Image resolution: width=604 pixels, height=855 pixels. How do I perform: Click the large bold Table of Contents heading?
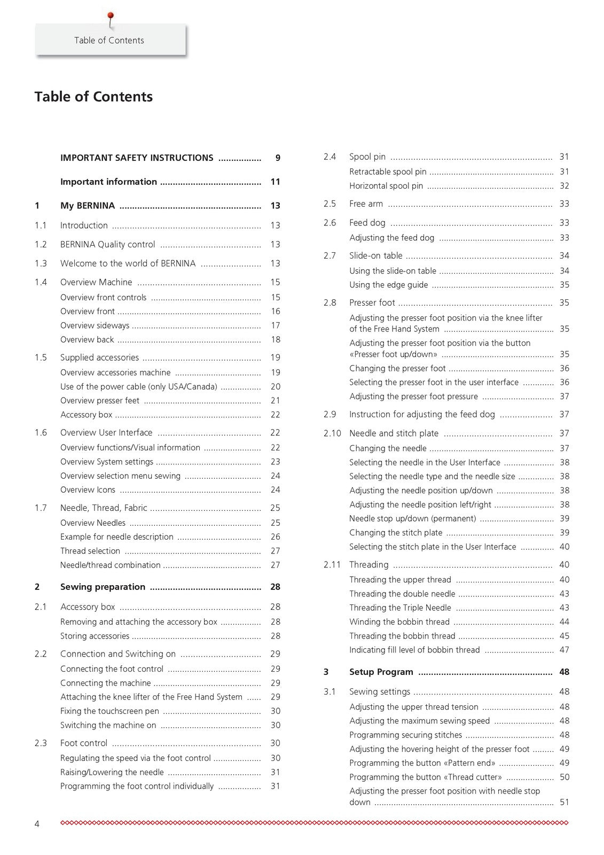(93, 97)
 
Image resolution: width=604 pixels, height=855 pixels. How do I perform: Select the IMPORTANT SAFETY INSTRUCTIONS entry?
(137, 158)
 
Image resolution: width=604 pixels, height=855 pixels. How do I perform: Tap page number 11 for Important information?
(275, 182)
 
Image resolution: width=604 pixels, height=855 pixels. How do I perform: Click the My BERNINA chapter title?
(88, 206)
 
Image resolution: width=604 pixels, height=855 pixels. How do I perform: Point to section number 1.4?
(41, 282)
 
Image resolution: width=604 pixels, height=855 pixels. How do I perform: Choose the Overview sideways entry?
(95, 325)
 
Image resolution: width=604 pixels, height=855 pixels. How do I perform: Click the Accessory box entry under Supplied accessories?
(86, 415)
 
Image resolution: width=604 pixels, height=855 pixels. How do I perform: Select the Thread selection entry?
(90, 551)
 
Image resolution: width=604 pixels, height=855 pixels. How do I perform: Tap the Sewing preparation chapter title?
(103, 587)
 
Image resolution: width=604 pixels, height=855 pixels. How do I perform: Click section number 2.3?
(41, 743)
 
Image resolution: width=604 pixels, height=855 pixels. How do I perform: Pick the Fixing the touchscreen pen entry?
(109, 711)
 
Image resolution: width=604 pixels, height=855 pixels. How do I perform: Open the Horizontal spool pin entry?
(386, 186)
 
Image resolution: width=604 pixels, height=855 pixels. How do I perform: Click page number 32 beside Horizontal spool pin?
(564, 186)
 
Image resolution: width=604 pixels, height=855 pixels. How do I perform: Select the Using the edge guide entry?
(389, 285)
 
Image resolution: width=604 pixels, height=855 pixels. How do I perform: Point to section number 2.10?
(332, 433)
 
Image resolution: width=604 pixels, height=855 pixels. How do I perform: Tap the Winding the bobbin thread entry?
(399, 622)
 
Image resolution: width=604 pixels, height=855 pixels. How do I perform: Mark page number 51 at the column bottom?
(564, 802)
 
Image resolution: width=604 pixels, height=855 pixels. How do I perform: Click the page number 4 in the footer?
(37, 824)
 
